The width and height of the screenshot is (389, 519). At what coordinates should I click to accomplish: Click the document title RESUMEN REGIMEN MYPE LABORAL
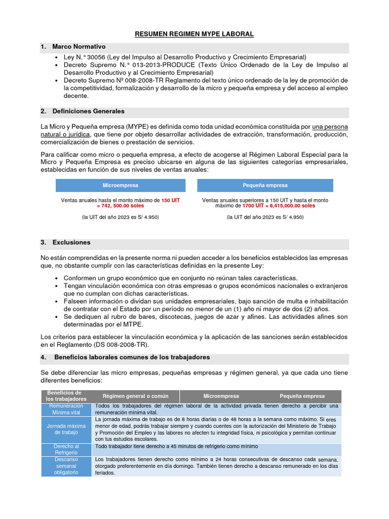point(194,34)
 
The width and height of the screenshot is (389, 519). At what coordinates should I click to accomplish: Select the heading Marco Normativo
point(79,47)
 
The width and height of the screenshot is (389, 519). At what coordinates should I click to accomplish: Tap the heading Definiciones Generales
point(88,111)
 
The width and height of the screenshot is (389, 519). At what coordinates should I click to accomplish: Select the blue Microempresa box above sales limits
point(120,186)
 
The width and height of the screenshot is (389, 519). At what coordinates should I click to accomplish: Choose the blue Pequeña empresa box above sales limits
point(265,186)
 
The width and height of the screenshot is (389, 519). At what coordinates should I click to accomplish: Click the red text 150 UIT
point(170,200)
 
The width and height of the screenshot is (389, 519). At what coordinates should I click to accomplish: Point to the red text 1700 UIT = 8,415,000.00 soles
point(278,206)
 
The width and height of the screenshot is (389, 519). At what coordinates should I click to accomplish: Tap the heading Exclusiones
point(71,242)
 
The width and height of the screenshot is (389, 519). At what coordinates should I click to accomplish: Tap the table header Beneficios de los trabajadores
point(64,396)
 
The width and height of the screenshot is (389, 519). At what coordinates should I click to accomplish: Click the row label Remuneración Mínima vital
point(67,409)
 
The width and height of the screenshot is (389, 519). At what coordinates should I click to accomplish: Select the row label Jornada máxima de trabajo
point(67,429)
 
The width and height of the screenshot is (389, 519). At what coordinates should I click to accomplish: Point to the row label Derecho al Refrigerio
point(67,449)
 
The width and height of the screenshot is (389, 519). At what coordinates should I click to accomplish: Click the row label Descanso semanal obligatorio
point(67,466)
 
